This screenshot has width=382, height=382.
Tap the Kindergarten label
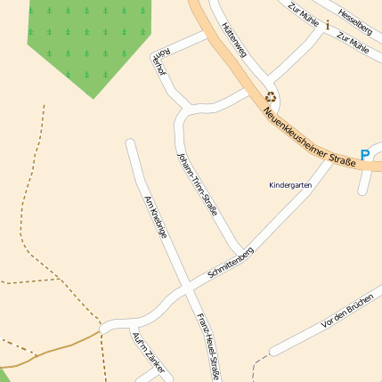[x=290, y=185]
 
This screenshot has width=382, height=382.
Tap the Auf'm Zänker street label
[x=148, y=351]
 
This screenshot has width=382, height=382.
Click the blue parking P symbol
[x=365, y=155]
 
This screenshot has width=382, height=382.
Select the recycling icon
[x=270, y=97]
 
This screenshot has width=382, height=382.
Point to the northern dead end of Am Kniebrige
[x=130, y=142]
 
